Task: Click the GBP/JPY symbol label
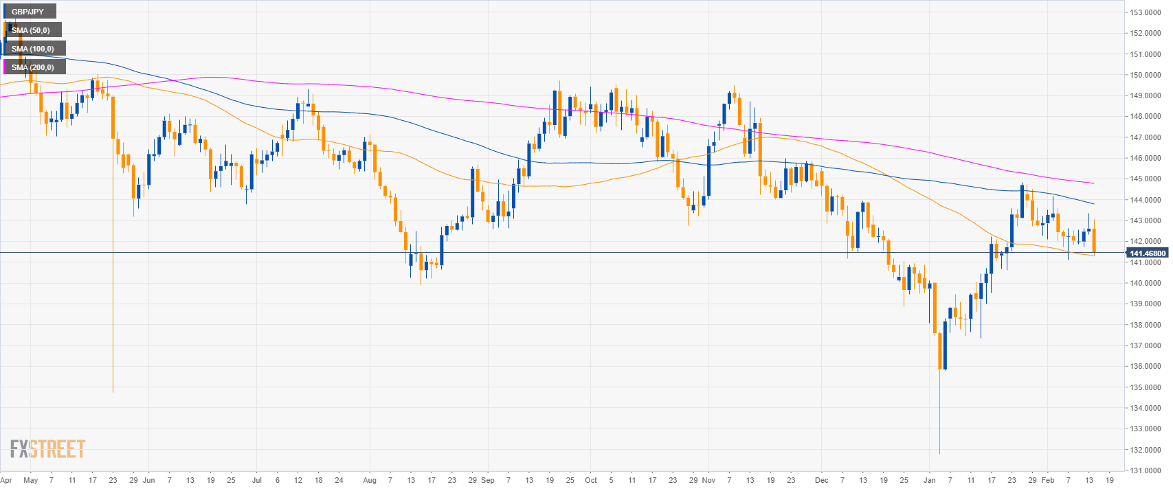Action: tap(27, 12)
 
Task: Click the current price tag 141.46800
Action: tap(1148, 253)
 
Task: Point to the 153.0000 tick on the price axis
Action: tap(1146, 12)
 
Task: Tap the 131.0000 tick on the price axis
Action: tap(1146, 470)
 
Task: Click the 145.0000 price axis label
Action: tap(1146, 179)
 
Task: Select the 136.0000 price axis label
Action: tap(1146, 367)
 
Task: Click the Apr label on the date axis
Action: tap(6, 480)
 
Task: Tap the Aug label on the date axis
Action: tap(369, 480)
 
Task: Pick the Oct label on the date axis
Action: tap(590, 480)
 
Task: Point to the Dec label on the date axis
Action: tap(821, 480)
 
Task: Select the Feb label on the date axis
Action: tap(1047, 480)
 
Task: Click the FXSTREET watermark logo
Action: tap(47, 449)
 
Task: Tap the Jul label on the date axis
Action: tap(256, 480)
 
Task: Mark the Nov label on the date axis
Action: tap(709, 480)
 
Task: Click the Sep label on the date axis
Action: tap(487, 480)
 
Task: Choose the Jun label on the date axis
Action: tap(149, 480)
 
